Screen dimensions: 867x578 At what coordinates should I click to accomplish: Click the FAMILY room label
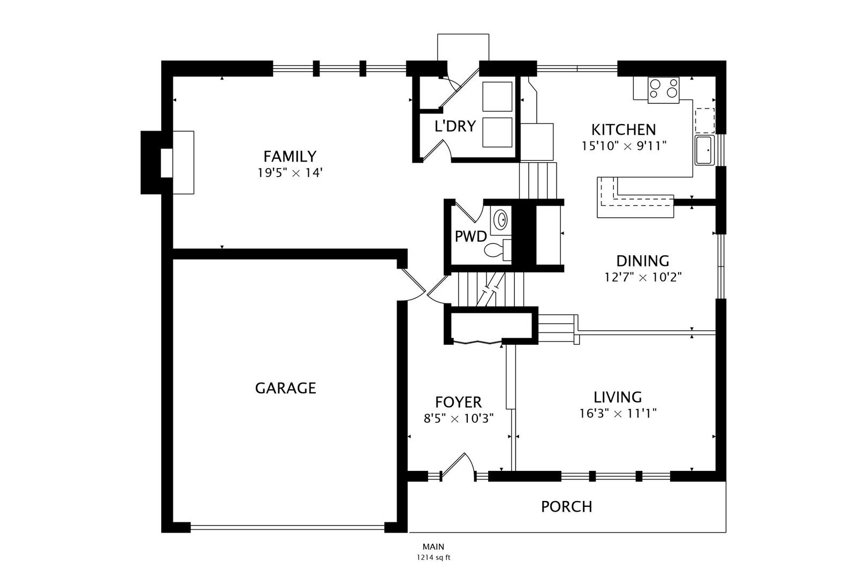coord(290,156)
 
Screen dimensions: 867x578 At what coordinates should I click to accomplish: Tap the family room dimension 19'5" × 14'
coord(290,173)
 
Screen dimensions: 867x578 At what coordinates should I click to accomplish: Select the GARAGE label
coord(286,388)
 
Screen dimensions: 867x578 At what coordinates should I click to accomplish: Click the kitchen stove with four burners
coord(664,90)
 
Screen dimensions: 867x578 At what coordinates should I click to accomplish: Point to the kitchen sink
coord(704,150)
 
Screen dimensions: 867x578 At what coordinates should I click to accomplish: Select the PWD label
coord(470,236)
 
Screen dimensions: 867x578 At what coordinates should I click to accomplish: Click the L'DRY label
coord(455,126)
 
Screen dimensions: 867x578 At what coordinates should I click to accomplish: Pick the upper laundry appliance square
coord(497,96)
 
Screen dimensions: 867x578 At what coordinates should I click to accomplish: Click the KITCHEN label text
coord(624,130)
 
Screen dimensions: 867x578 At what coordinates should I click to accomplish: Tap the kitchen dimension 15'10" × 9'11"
coord(624,146)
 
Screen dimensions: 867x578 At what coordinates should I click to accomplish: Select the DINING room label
coord(643,261)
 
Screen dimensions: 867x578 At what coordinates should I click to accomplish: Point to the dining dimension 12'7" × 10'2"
coord(643,278)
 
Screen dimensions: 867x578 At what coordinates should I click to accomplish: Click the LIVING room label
coord(618,397)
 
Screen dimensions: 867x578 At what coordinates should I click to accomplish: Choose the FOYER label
coord(459,402)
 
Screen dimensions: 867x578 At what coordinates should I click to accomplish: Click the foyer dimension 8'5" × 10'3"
coord(459,419)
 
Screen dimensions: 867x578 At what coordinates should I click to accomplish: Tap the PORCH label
coord(567,507)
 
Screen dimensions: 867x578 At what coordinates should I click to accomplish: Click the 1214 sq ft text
coord(433,558)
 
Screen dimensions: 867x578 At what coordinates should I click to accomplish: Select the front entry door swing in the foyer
coord(458,467)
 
